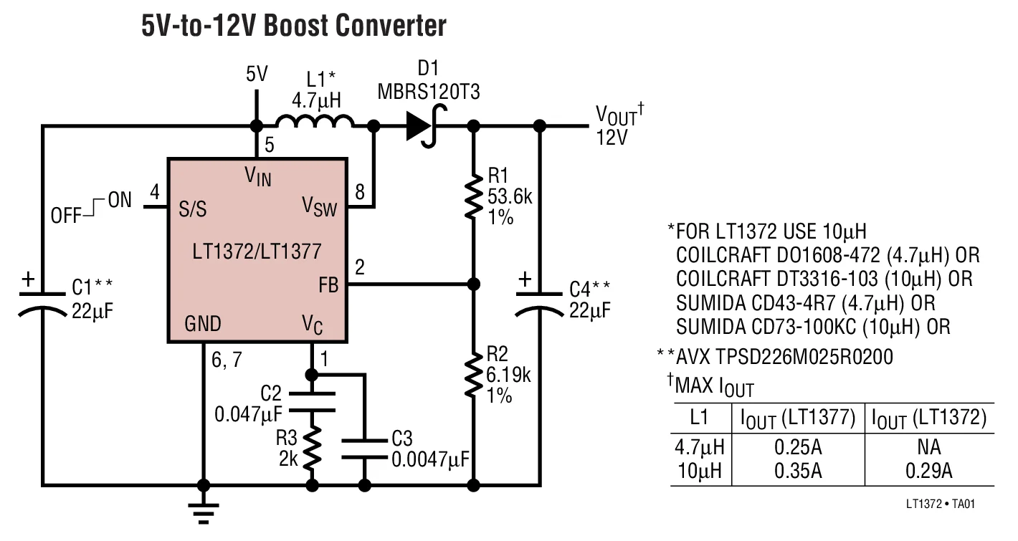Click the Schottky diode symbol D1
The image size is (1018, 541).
point(423,127)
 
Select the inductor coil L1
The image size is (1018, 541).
point(315,123)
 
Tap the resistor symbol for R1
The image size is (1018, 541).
point(472,196)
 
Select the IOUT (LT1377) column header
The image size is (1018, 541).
point(794,418)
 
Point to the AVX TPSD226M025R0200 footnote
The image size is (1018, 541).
point(775,356)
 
